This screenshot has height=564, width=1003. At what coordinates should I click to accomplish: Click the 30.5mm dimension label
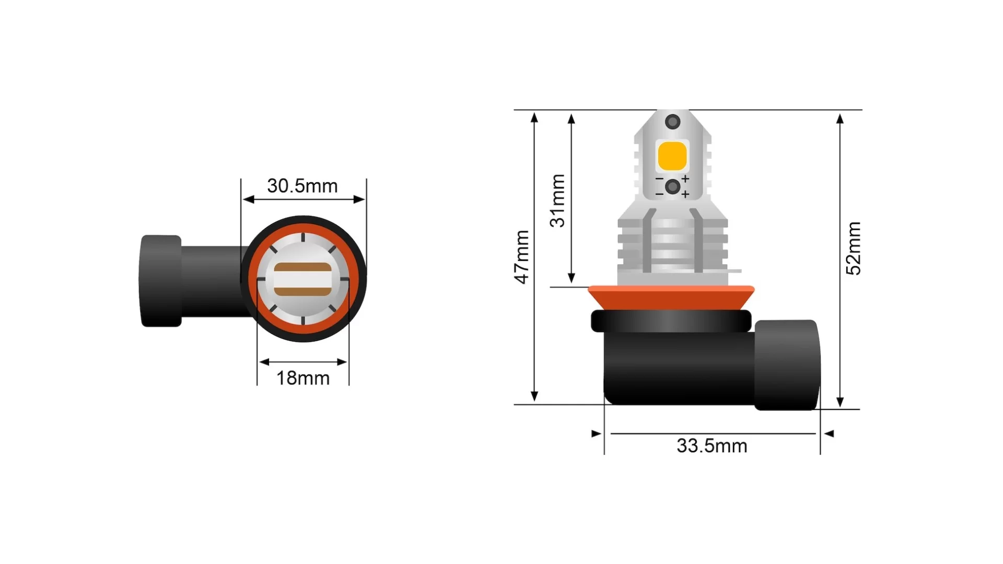point(302,186)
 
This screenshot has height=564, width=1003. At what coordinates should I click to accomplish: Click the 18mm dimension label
point(302,378)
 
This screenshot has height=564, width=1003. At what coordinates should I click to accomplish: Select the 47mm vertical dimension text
point(522,257)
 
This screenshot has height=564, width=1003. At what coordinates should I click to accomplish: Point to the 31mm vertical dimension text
point(558,201)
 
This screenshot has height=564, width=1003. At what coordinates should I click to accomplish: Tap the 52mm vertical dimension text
point(854,249)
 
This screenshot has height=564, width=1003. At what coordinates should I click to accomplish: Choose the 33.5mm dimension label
point(712,446)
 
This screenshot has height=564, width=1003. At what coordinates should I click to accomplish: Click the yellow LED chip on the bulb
point(672,156)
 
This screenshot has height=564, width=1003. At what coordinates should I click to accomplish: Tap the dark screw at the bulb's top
point(672,122)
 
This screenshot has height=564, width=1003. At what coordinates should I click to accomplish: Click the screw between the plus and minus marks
point(672,186)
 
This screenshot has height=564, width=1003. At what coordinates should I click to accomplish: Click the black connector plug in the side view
point(786,365)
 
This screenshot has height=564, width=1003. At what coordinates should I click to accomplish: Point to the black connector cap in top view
point(161,281)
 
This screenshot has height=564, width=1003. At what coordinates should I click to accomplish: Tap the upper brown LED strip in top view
point(302,268)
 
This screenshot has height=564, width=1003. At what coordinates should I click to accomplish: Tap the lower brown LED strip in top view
point(302,291)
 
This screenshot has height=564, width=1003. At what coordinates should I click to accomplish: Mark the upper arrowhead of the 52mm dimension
point(839,119)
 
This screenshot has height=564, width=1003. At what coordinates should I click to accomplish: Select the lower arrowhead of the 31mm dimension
point(571,277)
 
